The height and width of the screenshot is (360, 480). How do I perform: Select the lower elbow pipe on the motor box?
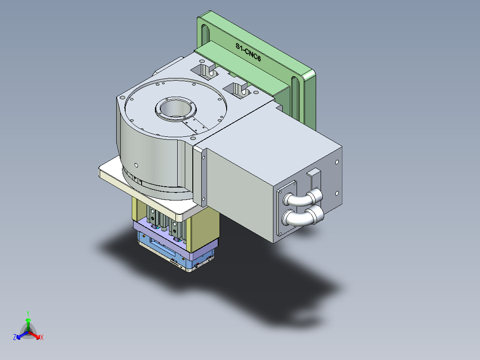tap(304, 217)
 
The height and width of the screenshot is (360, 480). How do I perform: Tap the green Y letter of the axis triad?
tap(28, 313)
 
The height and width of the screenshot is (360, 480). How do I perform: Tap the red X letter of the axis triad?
tap(42, 338)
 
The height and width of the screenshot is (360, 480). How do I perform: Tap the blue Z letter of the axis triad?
tap(15, 338)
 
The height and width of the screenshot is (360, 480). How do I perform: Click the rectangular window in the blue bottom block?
tap(160, 248)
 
